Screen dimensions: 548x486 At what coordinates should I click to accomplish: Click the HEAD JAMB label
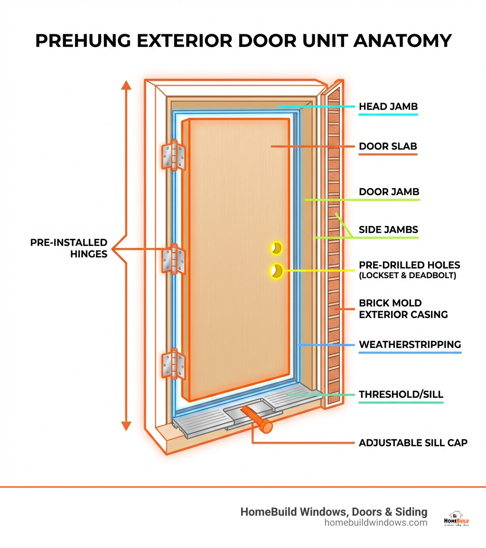click(x=388, y=106)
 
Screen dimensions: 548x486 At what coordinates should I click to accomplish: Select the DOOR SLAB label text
click(x=388, y=146)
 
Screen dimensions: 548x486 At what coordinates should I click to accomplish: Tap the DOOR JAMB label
click(x=389, y=192)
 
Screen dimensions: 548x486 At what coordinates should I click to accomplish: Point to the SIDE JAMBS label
click(x=388, y=230)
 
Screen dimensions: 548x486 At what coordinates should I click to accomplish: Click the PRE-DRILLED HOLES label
click(x=409, y=265)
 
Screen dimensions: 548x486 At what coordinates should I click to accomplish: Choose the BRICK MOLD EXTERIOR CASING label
click(x=403, y=309)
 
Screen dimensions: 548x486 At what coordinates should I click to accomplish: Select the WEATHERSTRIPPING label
click(x=410, y=344)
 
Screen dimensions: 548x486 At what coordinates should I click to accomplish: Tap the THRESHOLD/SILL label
click(x=401, y=394)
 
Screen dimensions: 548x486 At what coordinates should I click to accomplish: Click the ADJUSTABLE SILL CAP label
click(x=413, y=443)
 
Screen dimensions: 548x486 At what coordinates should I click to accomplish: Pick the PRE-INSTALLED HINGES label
click(x=69, y=248)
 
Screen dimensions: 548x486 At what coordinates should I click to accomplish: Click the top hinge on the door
click(x=173, y=155)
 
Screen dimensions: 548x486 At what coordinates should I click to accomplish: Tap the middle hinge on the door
click(x=173, y=259)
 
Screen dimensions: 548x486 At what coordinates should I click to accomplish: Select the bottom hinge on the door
click(x=173, y=364)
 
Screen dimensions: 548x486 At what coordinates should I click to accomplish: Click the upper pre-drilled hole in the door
click(x=276, y=248)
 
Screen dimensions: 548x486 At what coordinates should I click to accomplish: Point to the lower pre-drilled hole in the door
click(x=276, y=271)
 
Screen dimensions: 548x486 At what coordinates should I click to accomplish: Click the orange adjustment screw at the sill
click(x=257, y=419)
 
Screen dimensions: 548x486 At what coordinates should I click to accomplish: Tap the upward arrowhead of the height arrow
click(x=126, y=85)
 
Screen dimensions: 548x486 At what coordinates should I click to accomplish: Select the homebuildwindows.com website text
click(x=375, y=522)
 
